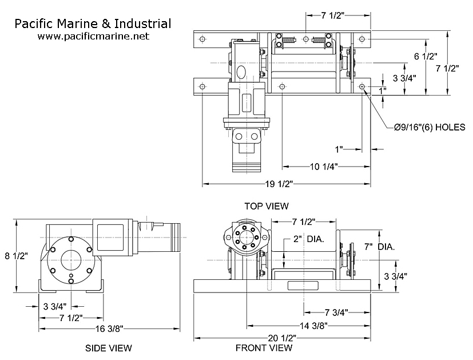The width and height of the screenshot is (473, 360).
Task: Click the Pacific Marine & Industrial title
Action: (x=93, y=23)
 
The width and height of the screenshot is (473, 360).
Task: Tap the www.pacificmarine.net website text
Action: (x=93, y=36)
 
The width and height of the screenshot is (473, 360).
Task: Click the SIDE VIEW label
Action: (x=109, y=348)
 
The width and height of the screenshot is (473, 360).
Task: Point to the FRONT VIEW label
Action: (x=264, y=348)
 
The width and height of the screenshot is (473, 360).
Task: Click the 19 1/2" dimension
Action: (x=280, y=184)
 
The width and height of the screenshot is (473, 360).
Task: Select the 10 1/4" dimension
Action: (x=322, y=166)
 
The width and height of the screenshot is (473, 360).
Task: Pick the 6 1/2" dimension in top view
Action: (x=425, y=57)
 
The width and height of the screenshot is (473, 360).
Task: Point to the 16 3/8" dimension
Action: (x=109, y=328)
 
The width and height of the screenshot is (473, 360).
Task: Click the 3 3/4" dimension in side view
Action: (x=54, y=304)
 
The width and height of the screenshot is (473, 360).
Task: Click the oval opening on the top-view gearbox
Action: (x=241, y=72)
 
